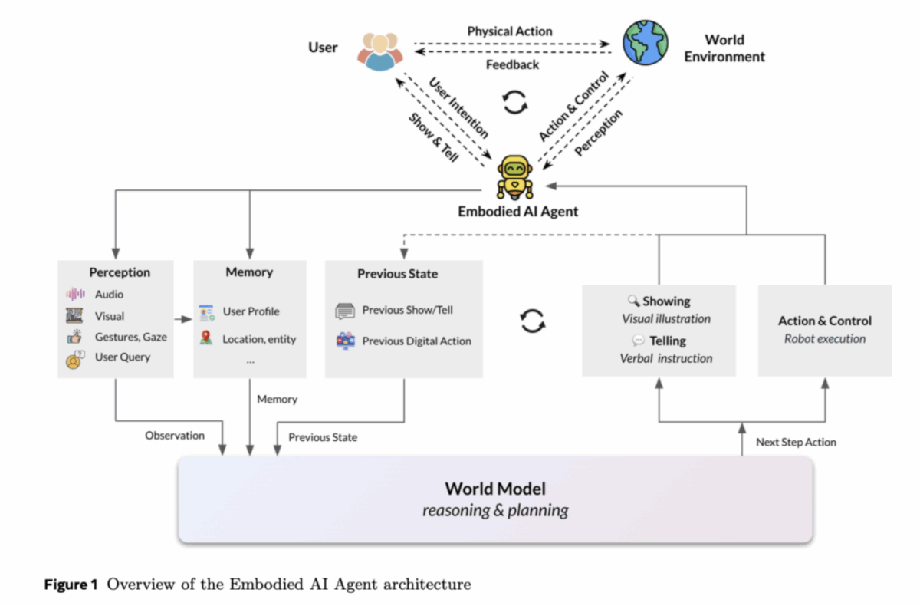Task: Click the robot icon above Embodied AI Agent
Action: pyautogui.click(x=514, y=176)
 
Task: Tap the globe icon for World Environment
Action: pyautogui.click(x=646, y=43)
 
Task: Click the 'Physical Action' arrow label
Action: pyautogui.click(x=510, y=31)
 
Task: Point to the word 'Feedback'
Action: pyautogui.click(x=512, y=64)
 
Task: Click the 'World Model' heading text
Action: pyautogui.click(x=495, y=489)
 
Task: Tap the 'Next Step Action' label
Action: pyautogui.click(x=796, y=442)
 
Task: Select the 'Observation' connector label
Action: pyautogui.click(x=175, y=435)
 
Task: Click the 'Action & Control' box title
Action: pyautogui.click(x=825, y=321)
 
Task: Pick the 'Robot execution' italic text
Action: pyautogui.click(x=825, y=338)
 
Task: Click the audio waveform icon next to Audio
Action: pyautogui.click(x=75, y=295)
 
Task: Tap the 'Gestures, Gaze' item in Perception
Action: pyautogui.click(x=130, y=336)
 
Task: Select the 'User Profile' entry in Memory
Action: pyautogui.click(x=251, y=311)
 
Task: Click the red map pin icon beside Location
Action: pyautogui.click(x=206, y=338)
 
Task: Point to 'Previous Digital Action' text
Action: pyautogui.click(x=416, y=341)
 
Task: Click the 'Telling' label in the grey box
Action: pyautogui.click(x=668, y=341)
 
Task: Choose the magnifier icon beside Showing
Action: pyautogui.click(x=633, y=301)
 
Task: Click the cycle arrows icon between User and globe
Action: pyautogui.click(x=514, y=101)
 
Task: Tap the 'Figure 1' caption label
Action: pyautogui.click(x=71, y=585)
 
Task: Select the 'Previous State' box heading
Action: pyautogui.click(x=397, y=274)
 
